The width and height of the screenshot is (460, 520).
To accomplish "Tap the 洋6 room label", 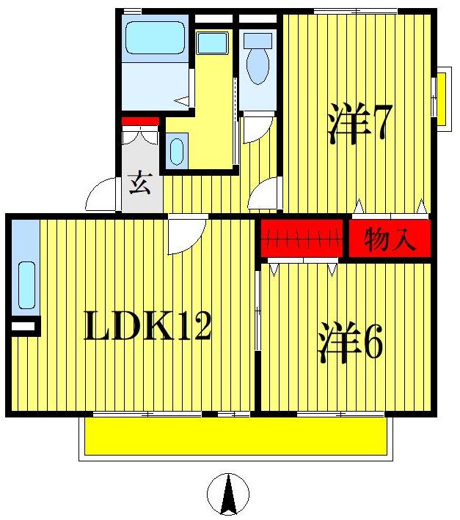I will [350, 343].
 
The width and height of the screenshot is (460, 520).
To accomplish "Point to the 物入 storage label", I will [390, 239].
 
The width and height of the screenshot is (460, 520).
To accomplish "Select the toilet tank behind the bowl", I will [258, 39].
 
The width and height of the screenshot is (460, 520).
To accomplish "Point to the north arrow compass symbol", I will [228, 494].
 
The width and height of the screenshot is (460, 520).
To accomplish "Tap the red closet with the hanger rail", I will [302, 239].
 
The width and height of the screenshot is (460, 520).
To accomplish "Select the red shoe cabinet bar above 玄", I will [140, 121].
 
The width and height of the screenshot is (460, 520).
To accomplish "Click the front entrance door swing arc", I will [101, 196].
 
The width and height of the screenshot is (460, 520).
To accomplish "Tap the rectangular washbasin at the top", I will [212, 42].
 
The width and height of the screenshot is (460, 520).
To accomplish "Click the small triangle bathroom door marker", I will [183, 100].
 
